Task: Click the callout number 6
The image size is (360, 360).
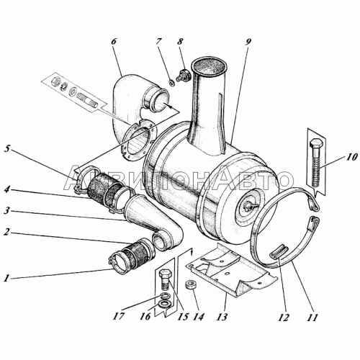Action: click(x=114, y=41)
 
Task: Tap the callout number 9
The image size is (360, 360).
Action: click(x=248, y=41)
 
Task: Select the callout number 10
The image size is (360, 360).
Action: click(x=351, y=158)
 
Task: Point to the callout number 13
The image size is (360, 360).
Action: click(x=222, y=317)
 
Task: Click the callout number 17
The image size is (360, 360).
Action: click(x=120, y=317)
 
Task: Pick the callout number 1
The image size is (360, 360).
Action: click(x=6, y=279)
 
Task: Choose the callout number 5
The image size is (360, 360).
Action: click(x=7, y=149)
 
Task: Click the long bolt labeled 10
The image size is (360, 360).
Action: click(x=317, y=163)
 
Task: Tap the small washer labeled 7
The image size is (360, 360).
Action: click(x=172, y=83)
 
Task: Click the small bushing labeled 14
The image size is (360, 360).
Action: click(x=190, y=286)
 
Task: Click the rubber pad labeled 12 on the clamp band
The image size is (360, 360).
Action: click(x=279, y=253)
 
